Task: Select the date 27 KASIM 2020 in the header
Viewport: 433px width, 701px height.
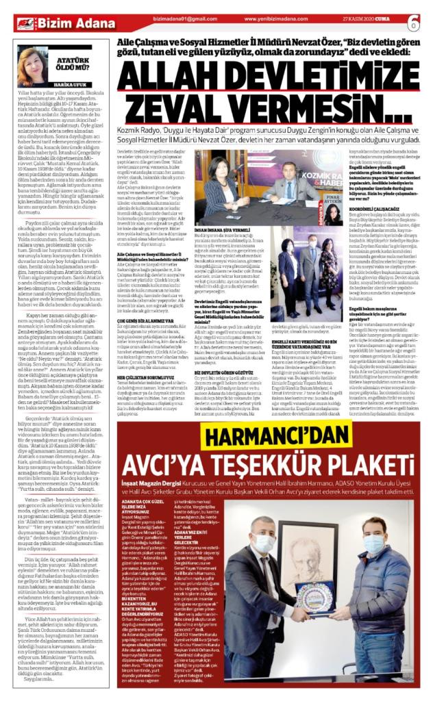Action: click(x=369, y=19)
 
